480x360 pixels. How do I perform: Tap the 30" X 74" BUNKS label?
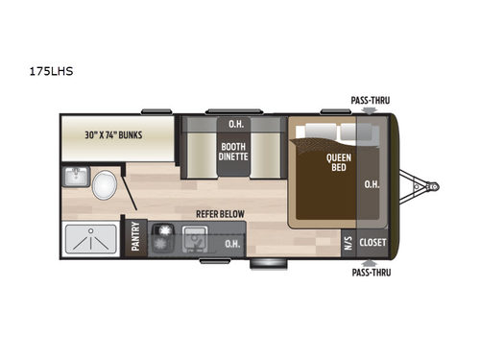click(100, 133)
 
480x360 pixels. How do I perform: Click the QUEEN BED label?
click(337, 164)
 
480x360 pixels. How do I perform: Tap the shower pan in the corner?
click(89, 234)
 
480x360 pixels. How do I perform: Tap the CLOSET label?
click(372, 243)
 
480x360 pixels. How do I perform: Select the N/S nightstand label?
click(348, 243)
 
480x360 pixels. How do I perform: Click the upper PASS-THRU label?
click(371, 99)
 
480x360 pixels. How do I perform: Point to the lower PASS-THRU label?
click(371, 272)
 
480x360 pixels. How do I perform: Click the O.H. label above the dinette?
click(234, 123)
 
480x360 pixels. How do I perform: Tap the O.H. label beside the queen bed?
click(372, 182)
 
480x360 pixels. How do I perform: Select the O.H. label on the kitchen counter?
click(232, 243)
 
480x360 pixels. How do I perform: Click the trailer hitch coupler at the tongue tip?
click(433, 185)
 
